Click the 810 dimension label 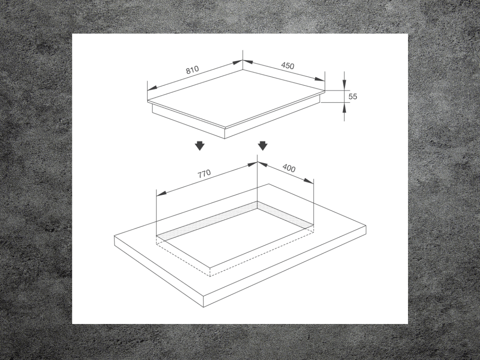coord(192,70)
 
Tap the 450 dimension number coord(288,66)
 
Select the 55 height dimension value coord(353,96)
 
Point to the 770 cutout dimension coord(204,174)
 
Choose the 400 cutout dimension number coord(289,168)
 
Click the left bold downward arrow coord(200,146)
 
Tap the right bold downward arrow coord(263,146)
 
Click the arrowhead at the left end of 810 coord(152,88)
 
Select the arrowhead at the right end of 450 coord(320,79)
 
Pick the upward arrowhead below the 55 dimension coord(344,107)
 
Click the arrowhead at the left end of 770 coord(162,194)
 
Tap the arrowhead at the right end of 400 coord(308,181)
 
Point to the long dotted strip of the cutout coord(207,222)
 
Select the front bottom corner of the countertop coord(204,308)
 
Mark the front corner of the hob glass coord(225,127)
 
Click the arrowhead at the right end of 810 coord(238,62)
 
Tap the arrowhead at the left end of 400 coord(262,164)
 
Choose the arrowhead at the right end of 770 coord(252,164)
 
